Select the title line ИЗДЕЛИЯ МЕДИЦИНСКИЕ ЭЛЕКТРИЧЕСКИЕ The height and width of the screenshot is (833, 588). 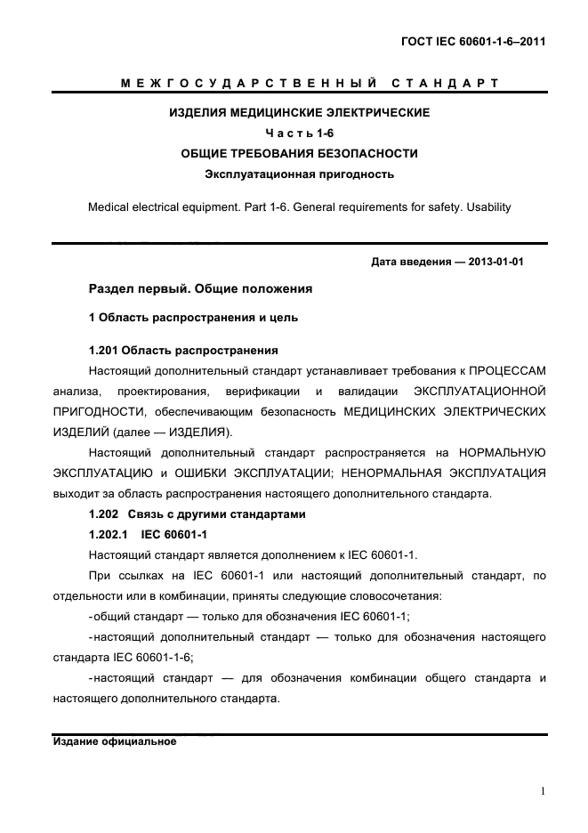tap(300, 113)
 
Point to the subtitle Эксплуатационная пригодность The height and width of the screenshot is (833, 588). tap(300, 174)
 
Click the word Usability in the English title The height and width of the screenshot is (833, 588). tap(486, 206)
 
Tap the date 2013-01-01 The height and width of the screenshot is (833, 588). tap(495, 263)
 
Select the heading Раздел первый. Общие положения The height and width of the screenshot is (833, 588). tap(200, 289)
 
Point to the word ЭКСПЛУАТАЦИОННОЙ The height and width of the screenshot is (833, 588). tap(479, 391)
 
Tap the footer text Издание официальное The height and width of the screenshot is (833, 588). tap(115, 741)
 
